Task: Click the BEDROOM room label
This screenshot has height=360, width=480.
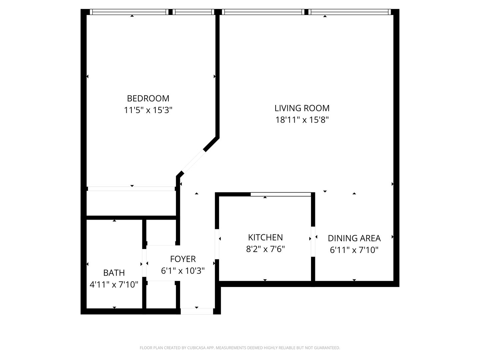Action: [148, 98]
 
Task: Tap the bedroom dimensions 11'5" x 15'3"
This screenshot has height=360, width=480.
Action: [148, 110]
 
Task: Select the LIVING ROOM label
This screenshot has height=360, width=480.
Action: [302, 108]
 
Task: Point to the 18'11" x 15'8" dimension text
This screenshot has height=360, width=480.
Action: [302, 120]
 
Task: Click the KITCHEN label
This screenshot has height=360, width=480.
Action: [265, 237]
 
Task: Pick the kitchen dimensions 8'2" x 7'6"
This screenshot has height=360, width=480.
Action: [265, 249]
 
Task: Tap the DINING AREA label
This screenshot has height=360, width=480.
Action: [354, 238]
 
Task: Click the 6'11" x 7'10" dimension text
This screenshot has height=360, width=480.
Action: [354, 250]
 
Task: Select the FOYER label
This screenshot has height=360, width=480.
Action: [183, 259]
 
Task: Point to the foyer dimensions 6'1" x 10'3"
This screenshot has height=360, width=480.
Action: [183, 271]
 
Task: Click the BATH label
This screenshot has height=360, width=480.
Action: [114, 273]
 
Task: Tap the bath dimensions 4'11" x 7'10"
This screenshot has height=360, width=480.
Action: [114, 285]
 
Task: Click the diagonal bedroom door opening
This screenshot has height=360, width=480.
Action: [194, 161]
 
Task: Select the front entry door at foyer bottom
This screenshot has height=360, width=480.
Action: [197, 311]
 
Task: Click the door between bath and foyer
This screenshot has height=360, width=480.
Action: [144, 263]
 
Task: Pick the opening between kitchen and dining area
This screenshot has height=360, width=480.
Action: [313, 242]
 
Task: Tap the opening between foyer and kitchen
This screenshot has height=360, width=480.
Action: [217, 244]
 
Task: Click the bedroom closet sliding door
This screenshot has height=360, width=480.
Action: [131, 189]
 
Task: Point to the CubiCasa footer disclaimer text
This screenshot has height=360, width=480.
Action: [240, 348]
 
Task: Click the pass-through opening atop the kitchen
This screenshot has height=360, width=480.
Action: [281, 194]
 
